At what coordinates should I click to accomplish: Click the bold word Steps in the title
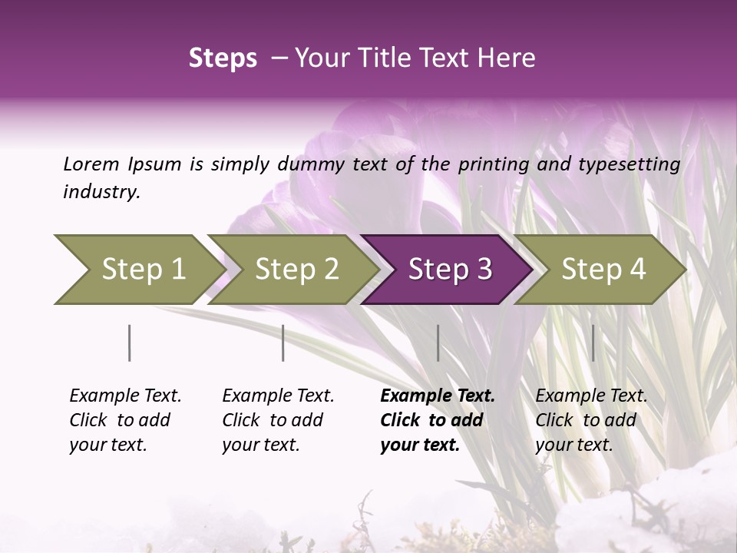(223, 58)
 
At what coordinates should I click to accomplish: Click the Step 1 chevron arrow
(138, 270)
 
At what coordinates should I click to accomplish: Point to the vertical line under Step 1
(130, 343)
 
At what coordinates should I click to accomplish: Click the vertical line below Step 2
(283, 343)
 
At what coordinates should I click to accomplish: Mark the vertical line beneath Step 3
(438, 343)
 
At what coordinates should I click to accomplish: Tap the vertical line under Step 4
(593, 343)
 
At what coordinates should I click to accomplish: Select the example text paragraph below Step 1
(125, 420)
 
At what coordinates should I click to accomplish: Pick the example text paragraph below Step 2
(278, 420)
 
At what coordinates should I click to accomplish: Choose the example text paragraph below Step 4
(590, 420)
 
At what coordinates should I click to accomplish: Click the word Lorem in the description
(91, 164)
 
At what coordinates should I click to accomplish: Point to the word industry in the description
(101, 192)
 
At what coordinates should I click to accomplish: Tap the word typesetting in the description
(634, 164)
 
